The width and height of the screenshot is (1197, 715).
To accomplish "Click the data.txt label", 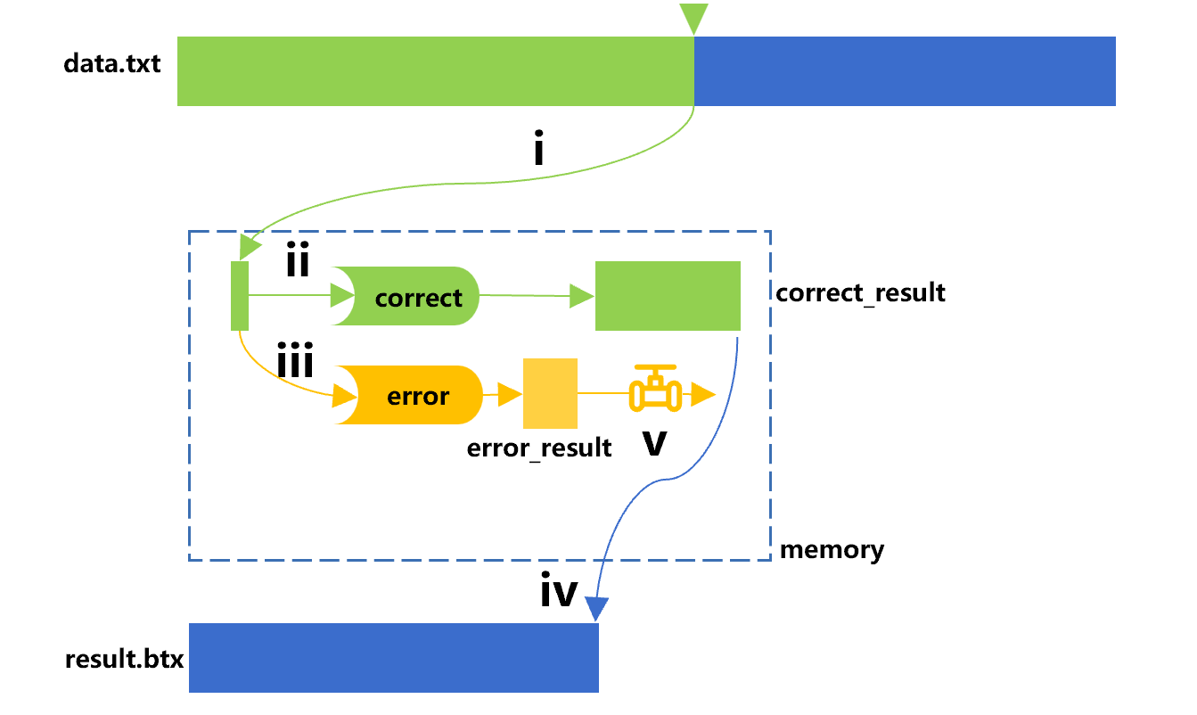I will (x=112, y=64).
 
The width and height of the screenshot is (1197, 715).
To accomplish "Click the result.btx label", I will (x=124, y=661).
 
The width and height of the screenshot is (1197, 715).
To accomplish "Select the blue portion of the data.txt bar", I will (x=905, y=71).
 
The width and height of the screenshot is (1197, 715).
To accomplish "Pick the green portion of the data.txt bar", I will (x=435, y=71).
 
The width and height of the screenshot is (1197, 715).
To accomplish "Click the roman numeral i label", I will (x=537, y=152).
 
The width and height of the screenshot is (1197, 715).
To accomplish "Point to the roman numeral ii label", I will (x=297, y=262).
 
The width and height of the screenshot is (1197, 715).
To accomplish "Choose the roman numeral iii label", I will (x=294, y=363).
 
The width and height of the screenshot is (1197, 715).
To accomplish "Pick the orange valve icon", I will (x=654, y=390).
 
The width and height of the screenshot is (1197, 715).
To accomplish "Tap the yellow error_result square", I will (x=550, y=393).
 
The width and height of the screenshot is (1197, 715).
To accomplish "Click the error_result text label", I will (x=539, y=447).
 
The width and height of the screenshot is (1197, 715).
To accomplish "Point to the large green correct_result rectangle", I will (x=668, y=296).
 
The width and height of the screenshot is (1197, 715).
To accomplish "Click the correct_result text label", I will (x=860, y=292).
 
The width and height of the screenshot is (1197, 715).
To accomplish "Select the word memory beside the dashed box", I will (x=832, y=550).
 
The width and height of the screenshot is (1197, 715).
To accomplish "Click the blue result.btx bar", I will (x=393, y=658).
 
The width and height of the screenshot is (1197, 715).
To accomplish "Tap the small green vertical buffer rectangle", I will (x=240, y=296).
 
